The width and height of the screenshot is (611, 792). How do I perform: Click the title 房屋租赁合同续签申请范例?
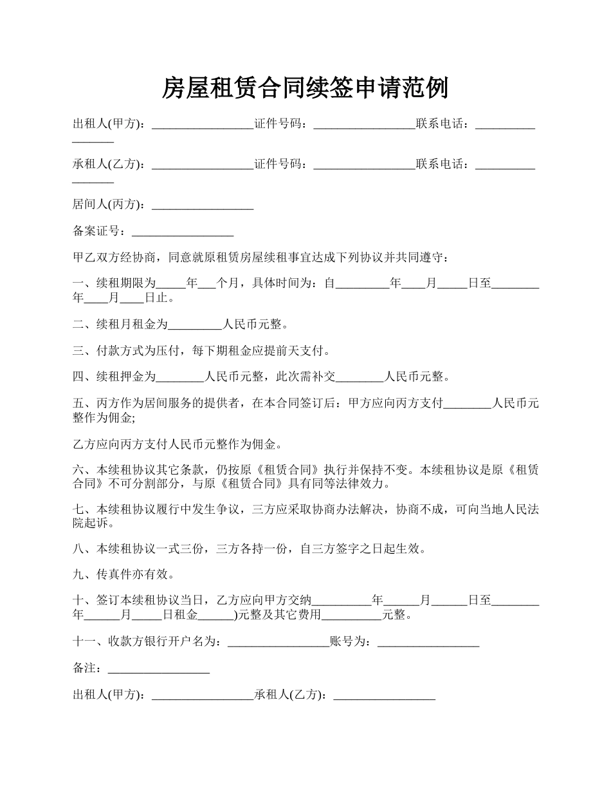tap(305, 88)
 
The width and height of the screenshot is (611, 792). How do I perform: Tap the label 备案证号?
tap(96, 231)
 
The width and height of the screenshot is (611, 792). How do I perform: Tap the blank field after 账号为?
tap(428, 643)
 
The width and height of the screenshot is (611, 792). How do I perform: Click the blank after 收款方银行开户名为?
tap(278, 643)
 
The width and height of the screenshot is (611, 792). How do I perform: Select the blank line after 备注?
tap(159, 670)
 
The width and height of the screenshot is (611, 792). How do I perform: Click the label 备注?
tap(87, 669)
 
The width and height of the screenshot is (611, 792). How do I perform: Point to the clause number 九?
tap(78, 574)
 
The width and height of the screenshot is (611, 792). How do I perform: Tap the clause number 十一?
tap(84, 642)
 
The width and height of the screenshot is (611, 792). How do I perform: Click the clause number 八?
tap(78, 549)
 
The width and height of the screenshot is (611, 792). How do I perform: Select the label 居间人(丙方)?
tap(110, 205)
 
